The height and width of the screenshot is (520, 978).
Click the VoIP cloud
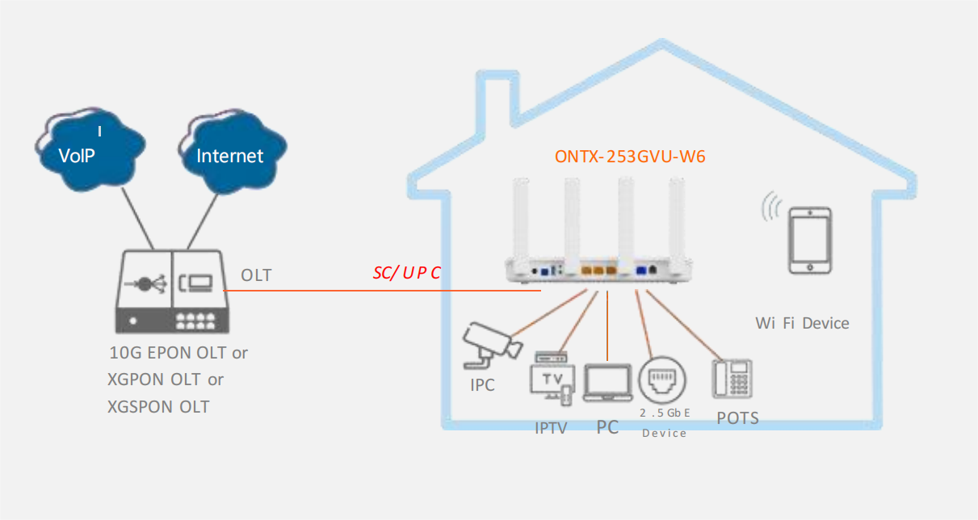90,149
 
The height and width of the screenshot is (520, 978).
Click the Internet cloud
233,151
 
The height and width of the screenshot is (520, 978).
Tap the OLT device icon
172,291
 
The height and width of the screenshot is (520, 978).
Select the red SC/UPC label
406,273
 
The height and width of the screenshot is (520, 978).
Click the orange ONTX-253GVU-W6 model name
630,157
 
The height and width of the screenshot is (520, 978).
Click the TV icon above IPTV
552,378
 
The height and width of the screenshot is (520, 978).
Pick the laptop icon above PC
608,383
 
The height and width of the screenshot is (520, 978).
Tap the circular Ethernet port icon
662,380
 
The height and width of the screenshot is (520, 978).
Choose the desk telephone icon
732,379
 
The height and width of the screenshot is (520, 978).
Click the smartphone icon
810,241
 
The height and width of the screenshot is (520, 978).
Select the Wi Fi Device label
803,324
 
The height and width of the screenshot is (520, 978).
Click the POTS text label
737,418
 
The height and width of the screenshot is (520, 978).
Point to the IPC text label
482,385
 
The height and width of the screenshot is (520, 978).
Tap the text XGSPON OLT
158,407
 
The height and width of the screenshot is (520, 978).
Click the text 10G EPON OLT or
178,353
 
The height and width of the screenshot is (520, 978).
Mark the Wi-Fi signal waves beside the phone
771,206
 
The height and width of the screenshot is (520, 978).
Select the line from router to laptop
607,325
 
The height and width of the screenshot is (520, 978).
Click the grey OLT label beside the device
256,275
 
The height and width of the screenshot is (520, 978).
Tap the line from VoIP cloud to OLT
137,218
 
